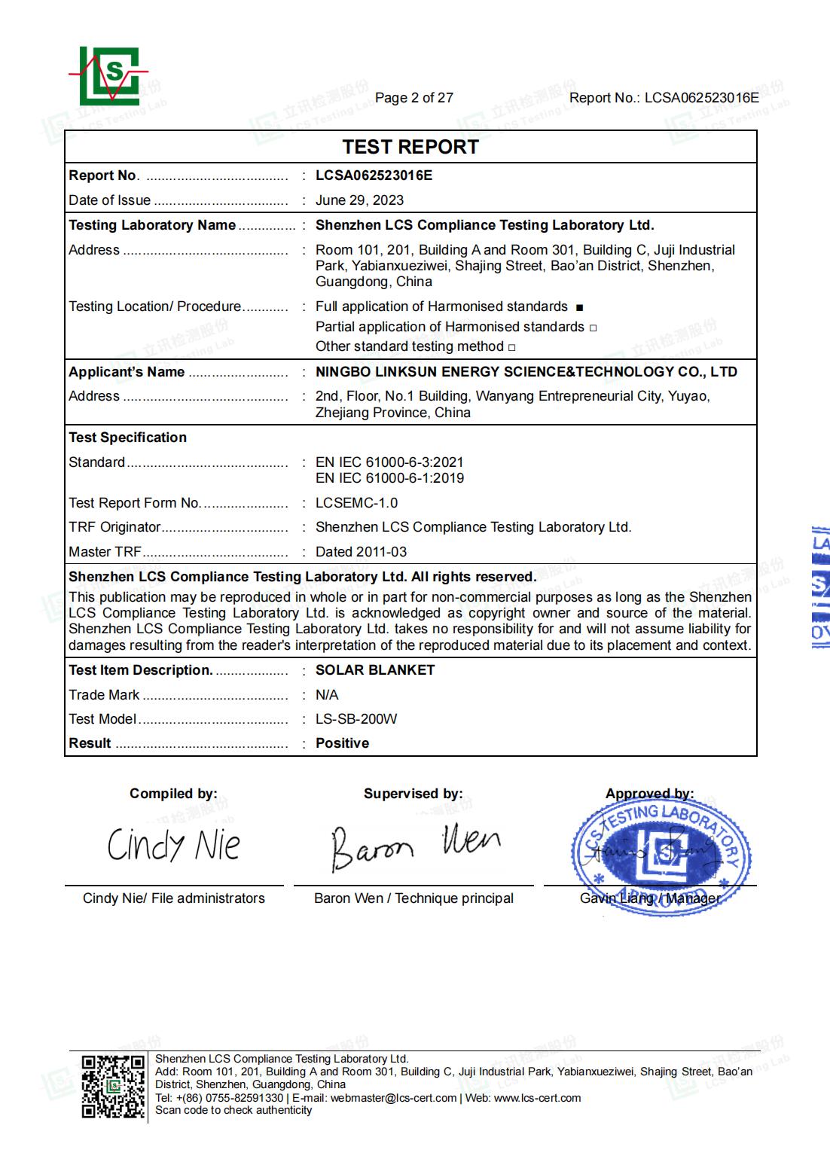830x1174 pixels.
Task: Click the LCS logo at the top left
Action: click(110, 76)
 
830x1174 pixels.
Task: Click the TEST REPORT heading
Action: click(410, 147)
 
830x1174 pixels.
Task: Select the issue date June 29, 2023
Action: click(359, 200)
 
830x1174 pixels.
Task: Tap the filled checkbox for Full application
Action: click(579, 308)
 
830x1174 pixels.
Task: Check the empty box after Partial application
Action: click(594, 328)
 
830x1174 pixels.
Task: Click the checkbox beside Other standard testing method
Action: click(512, 348)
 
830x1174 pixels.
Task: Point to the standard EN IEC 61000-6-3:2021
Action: click(389, 462)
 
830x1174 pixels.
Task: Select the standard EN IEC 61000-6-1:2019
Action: click(389, 478)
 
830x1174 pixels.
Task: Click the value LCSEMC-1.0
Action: click(356, 503)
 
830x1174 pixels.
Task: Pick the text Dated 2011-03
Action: click(361, 552)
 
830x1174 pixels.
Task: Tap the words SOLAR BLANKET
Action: click(375, 670)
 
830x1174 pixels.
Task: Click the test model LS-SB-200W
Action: click(356, 719)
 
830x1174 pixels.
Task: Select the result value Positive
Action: click(342, 743)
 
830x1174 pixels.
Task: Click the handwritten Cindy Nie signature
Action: click(174, 845)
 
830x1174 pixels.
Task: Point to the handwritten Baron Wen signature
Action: click(414, 846)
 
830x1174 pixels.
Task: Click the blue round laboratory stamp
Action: click(660, 855)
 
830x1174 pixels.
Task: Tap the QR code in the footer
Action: click(113, 1087)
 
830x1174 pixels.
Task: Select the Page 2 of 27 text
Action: click(413, 98)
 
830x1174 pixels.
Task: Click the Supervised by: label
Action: click(413, 794)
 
